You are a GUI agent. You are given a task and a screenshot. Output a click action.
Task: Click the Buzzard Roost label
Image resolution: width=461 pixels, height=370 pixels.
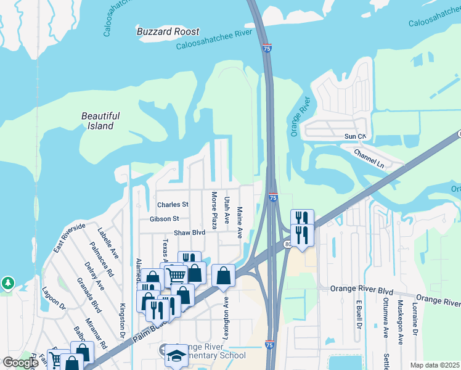[x=168, y=31]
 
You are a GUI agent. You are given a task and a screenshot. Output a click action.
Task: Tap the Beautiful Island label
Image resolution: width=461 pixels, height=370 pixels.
[x=100, y=121]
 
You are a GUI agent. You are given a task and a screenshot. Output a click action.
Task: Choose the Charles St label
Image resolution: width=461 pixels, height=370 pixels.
[x=173, y=204]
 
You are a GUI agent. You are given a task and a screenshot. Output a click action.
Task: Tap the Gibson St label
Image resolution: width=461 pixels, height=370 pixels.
[x=164, y=218]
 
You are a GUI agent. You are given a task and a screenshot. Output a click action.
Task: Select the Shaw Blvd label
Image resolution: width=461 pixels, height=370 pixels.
[x=189, y=232]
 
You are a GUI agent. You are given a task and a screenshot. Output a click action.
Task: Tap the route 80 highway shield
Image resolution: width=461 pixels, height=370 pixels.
[x=288, y=245]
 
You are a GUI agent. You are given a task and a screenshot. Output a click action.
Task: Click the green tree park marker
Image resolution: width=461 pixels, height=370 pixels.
[x=7, y=283]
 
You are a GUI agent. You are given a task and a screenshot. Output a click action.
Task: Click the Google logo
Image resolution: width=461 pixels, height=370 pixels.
[x=21, y=363]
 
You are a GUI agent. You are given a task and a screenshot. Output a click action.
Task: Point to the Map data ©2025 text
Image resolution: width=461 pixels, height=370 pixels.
[x=434, y=365]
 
